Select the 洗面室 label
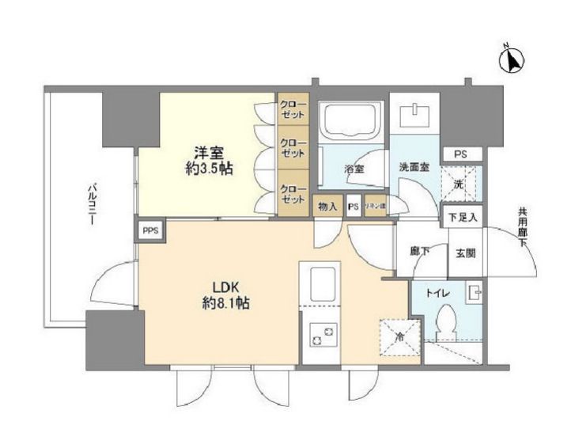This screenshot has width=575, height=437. tap(414, 169)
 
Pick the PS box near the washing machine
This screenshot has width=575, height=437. tap(460, 154)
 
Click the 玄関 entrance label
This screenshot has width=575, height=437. tap(463, 253)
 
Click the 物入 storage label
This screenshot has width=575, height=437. tap(328, 207)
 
